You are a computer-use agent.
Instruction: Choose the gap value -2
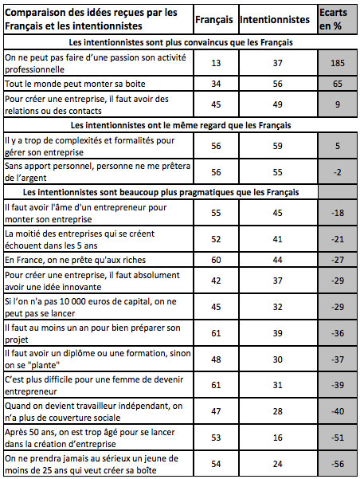point(337,171)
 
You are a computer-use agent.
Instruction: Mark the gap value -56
point(337,462)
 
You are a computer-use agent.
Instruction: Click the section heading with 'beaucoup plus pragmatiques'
point(167,192)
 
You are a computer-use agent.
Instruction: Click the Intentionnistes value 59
point(275,145)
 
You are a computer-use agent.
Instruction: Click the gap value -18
point(337,212)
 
